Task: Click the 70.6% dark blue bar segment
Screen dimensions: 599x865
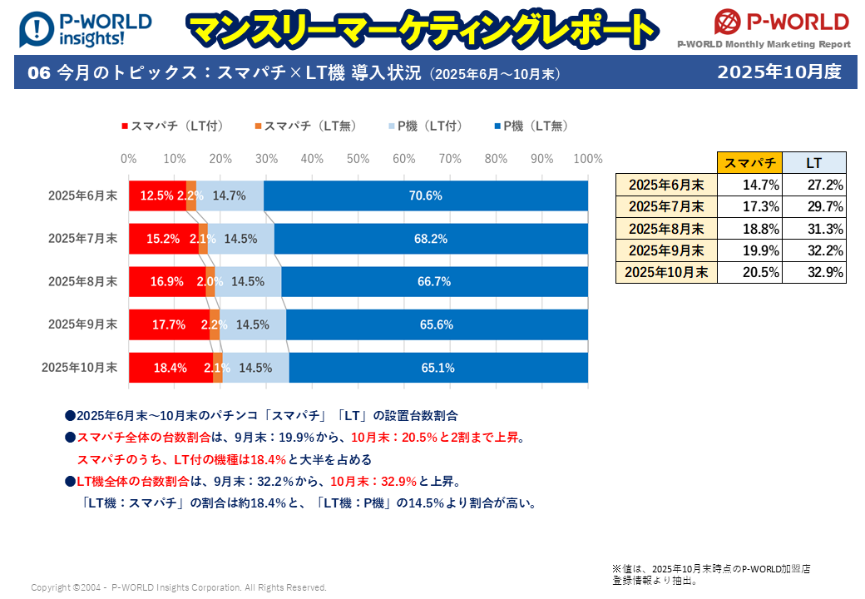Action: pos(425,196)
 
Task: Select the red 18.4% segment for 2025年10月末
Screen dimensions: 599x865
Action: pos(171,368)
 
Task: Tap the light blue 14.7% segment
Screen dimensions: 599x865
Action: pos(230,196)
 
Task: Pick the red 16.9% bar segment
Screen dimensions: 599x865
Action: pos(167,281)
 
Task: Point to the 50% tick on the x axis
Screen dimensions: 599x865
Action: pos(358,158)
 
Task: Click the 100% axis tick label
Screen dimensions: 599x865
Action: pos(587,158)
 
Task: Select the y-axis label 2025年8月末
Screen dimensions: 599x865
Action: pos(82,281)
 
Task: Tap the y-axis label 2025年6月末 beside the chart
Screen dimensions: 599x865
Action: pos(82,196)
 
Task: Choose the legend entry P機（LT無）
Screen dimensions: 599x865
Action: pos(532,126)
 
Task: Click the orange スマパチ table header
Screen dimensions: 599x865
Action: pos(749,163)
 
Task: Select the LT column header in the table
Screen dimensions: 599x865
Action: pos(814,163)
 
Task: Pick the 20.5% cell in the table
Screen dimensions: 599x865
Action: pos(749,272)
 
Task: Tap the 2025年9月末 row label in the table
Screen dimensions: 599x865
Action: pos(666,250)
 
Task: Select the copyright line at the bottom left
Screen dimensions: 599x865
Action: pos(179,587)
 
